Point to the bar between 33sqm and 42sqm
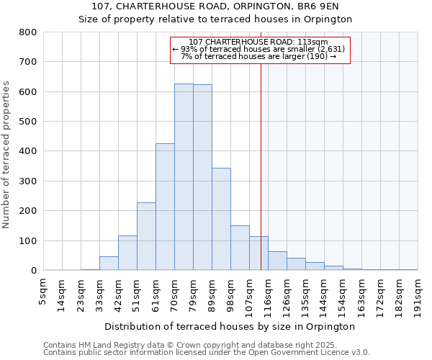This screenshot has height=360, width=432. coord(109,264)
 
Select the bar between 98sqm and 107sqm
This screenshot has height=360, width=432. coord(240,248)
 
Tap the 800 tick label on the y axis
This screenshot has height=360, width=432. coord(28,32)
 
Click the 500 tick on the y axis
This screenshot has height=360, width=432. coord(28,122)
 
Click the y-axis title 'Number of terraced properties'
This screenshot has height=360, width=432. coord(7,154)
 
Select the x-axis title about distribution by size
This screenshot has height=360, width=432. coord(234,326)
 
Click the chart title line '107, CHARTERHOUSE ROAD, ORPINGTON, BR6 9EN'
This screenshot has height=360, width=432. coord(215,6)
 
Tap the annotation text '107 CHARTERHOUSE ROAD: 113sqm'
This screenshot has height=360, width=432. coord(259,42)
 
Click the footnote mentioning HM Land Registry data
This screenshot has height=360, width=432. coord(206,345)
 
